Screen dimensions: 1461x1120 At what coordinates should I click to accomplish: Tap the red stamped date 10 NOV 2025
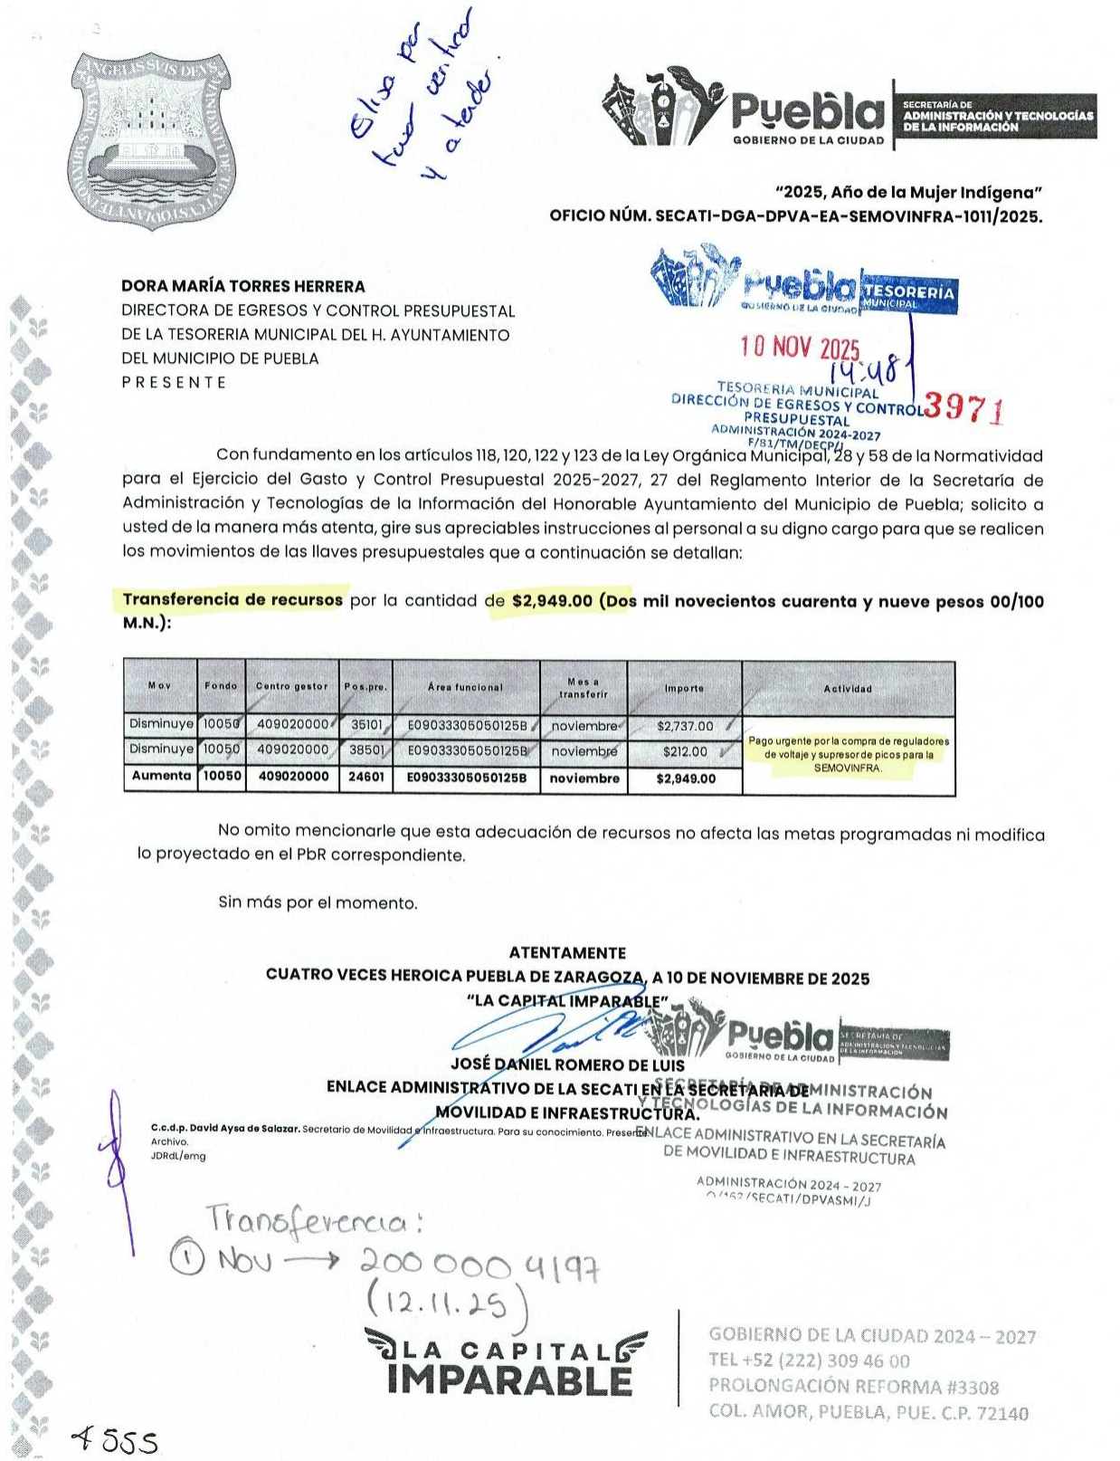800,349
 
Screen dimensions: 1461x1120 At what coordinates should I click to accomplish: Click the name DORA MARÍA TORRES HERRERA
243,287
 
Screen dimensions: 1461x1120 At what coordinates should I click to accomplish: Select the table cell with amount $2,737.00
685,726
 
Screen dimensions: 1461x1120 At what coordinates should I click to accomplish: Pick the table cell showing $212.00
685,751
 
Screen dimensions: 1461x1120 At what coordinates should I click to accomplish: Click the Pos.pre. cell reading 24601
365,777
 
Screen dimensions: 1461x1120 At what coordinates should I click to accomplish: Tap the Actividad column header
848,689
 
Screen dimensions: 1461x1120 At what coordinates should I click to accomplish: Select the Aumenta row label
161,776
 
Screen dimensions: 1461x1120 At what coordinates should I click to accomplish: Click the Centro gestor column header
291,686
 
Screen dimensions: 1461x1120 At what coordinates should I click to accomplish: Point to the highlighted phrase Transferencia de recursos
233,599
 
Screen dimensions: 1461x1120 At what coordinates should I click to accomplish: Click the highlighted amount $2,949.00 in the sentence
552,601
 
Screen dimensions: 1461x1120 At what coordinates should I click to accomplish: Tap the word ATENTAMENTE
567,953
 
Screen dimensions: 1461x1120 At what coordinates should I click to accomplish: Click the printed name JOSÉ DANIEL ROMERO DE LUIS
567,1065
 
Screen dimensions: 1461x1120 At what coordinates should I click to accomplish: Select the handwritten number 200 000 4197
479,1263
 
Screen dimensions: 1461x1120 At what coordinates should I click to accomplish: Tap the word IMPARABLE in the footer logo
510,1381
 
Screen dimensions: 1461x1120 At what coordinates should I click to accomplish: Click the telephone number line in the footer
809,1361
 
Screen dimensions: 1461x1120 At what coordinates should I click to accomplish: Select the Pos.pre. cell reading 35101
366,725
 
